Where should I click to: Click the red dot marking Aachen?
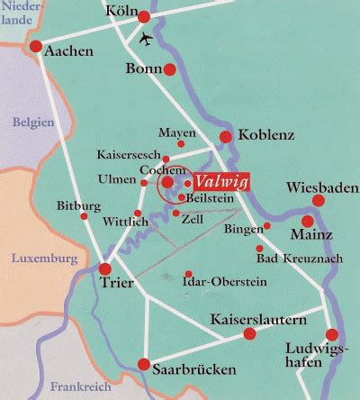(35, 46)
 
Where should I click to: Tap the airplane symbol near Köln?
(147, 40)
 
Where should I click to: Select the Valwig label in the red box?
(220, 179)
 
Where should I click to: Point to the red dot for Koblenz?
(225, 136)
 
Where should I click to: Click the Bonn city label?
(142, 68)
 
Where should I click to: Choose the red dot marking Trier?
(106, 268)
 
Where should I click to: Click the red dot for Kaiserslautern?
(250, 334)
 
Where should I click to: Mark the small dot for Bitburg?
(85, 216)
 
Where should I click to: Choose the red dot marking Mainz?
(307, 221)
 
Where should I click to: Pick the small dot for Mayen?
(181, 143)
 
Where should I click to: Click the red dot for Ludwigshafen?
(332, 334)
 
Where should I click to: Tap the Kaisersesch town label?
(137, 154)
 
